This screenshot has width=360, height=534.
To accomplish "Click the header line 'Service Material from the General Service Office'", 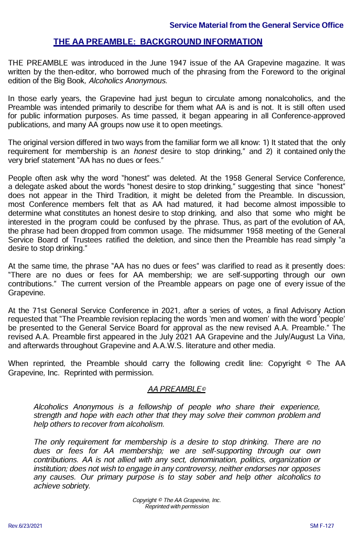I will tap(256, 25).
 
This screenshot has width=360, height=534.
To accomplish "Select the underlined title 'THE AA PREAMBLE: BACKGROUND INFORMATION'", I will tap(158, 42).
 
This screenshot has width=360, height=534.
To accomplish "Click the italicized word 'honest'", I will tap(145, 151).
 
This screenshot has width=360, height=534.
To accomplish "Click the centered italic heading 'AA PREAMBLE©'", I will tap(177, 390).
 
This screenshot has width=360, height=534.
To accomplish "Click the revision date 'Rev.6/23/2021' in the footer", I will tap(25, 525).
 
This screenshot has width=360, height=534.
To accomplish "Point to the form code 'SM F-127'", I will tap(322, 525).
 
